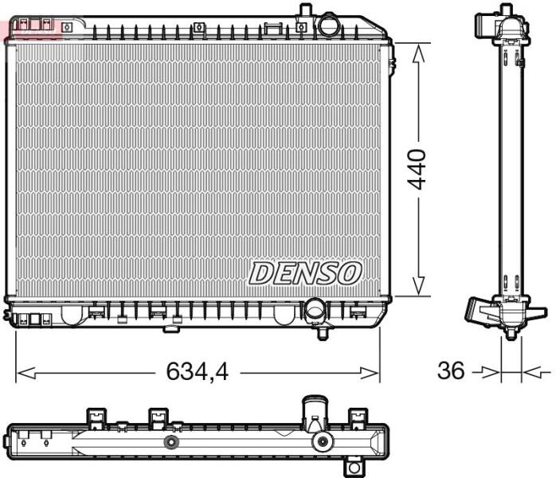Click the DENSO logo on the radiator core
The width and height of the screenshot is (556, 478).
[x=305, y=273]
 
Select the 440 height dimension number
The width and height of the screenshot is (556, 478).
[x=417, y=170]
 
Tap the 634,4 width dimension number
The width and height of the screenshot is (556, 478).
[x=198, y=371]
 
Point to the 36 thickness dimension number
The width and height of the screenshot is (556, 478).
[x=451, y=370]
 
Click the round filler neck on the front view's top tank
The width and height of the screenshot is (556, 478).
[x=329, y=25]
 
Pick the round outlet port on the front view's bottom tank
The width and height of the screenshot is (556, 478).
[x=315, y=310]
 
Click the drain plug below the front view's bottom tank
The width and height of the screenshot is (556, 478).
[x=323, y=333]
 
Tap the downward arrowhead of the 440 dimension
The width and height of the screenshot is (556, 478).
[x=419, y=285]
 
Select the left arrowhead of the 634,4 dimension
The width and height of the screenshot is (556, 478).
[x=26, y=373]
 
